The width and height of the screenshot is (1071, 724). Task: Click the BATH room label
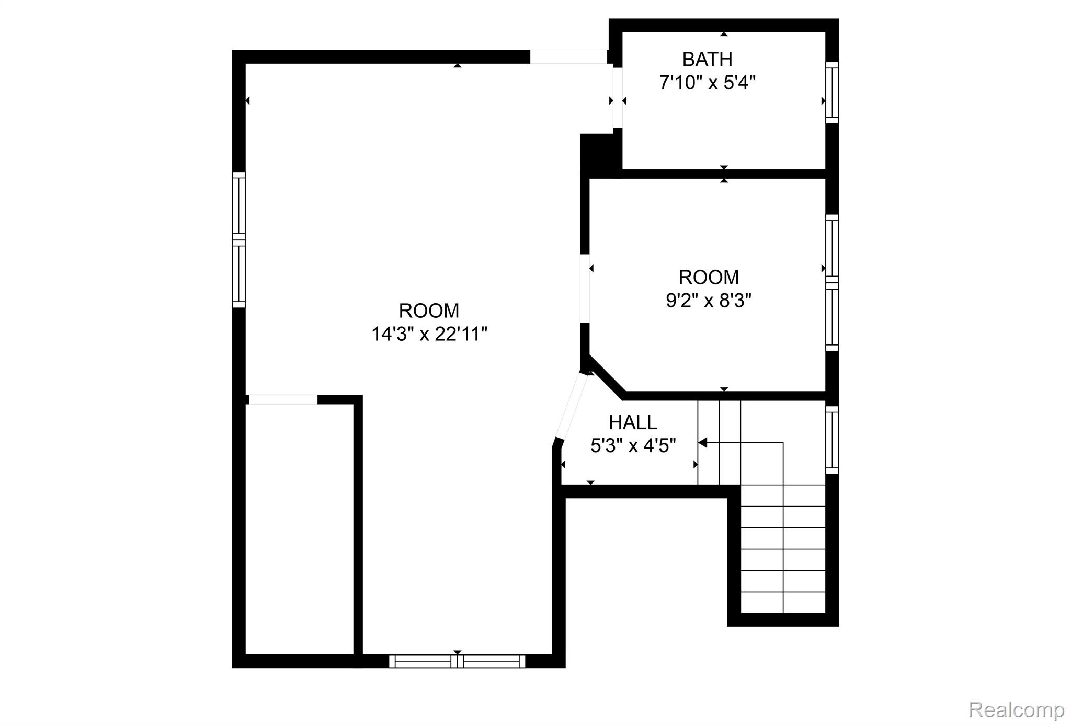point(707,60)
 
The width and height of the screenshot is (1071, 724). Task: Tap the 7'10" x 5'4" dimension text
point(708,83)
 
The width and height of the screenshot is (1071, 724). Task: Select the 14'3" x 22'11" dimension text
point(429,334)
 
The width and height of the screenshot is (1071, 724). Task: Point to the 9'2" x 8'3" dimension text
point(709,301)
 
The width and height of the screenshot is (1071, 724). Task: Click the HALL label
point(633,422)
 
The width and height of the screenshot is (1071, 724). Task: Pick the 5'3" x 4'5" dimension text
point(633,446)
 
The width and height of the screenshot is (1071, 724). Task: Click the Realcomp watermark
point(1016,710)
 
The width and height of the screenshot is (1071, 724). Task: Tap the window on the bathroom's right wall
point(832,93)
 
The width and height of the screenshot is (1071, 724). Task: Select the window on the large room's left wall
point(238,239)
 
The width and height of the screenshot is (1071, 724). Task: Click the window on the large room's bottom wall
point(458,661)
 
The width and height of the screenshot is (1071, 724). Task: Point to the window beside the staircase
point(832,440)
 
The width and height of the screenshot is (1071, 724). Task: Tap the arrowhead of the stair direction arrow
point(702,443)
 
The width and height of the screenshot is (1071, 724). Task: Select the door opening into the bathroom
point(618,97)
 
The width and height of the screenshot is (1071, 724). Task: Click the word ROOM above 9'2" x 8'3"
point(709,277)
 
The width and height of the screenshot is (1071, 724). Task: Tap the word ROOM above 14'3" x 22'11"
point(429,311)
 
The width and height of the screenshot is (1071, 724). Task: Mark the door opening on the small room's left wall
point(585,289)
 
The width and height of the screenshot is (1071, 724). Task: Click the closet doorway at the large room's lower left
point(283,400)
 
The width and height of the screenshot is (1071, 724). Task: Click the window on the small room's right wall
point(832,283)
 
